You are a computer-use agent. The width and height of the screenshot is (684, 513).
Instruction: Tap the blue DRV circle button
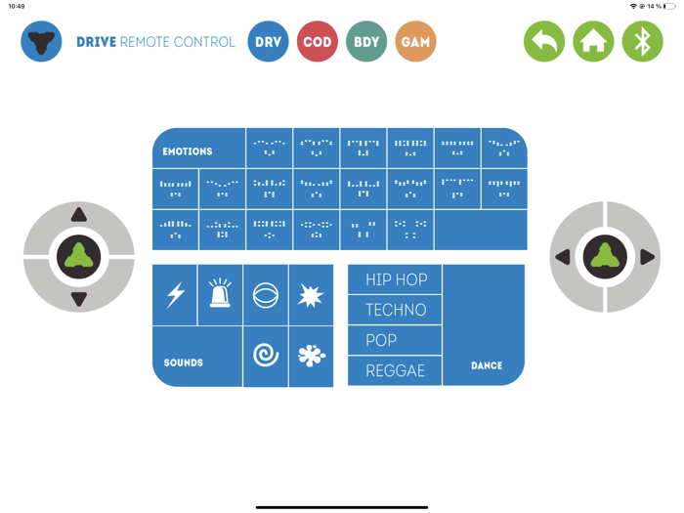tap(268, 41)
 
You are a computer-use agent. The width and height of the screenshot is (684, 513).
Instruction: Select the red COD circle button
tap(318, 41)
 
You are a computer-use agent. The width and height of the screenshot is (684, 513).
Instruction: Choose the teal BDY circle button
tap(366, 41)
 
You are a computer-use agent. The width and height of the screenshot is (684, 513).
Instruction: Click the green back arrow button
tap(544, 41)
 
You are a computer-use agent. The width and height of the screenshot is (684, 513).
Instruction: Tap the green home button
tap(593, 41)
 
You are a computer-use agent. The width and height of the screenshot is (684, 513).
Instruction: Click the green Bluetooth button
tap(643, 41)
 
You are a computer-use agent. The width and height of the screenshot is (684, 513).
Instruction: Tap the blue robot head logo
tap(41, 41)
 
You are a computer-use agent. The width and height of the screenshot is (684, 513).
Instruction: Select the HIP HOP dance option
tap(395, 279)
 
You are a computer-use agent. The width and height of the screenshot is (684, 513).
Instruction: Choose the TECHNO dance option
tap(395, 310)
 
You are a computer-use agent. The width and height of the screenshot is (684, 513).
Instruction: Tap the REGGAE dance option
tap(395, 370)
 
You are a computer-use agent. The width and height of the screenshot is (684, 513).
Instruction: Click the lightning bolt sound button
tap(175, 295)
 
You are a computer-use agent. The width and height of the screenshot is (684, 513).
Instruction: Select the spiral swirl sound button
tap(266, 356)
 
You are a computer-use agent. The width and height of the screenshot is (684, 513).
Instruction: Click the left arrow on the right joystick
tap(563, 257)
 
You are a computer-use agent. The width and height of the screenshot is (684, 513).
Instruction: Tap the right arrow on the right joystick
tap(647, 257)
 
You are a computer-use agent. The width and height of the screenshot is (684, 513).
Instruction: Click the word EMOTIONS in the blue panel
tap(188, 151)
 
